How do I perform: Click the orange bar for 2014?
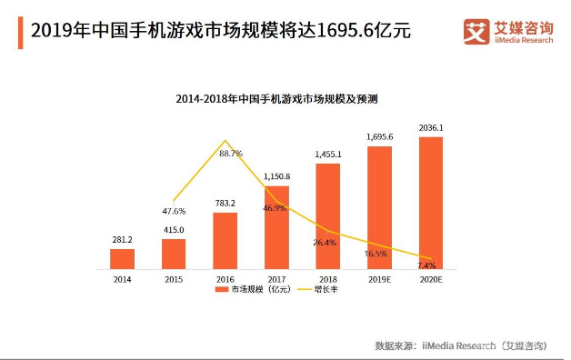(x=122, y=259)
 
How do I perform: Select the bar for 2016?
(x=225, y=241)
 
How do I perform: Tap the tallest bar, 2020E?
(x=430, y=204)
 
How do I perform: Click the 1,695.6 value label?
(x=379, y=137)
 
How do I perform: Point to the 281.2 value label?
(x=122, y=241)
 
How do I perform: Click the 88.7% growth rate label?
(x=231, y=154)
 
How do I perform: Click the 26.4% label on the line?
(x=326, y=242)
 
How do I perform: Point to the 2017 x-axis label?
(x=275, y=279)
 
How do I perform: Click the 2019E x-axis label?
(x=379, y=279)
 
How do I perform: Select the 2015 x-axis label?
(x=173, y=279)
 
